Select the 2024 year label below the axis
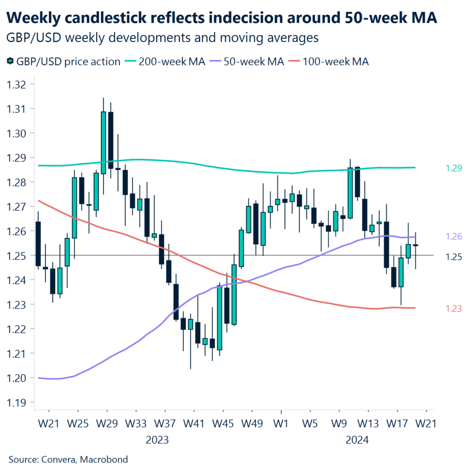click(x=357, y=440)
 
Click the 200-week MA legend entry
click(x=172, y=62)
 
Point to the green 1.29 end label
click(x=453, y=168)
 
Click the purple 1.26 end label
click(x=453, y=237)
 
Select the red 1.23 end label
click(x=453, y=309)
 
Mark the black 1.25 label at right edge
click(x=453, y=257)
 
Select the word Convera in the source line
click(x=59, y=460)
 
